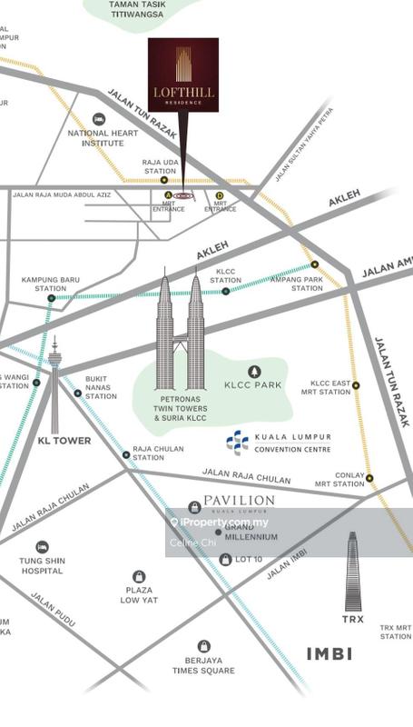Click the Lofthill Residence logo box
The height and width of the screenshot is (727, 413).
tap(183, 75)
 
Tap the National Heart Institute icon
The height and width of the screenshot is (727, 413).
tap(99, 120)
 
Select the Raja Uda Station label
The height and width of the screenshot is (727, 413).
tap(159, 166)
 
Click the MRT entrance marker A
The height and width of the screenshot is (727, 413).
tap(167, 194)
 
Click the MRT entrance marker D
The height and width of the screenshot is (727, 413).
tap(219, 194)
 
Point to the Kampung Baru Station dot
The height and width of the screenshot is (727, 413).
tap(51, 298)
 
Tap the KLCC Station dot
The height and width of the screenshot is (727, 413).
tap(226, 292)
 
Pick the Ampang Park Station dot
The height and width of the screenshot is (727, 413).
tap(315, 264)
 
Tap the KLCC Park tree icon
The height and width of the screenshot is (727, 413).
tap(254, 371)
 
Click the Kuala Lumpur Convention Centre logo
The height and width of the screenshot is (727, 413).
tap(237, 443)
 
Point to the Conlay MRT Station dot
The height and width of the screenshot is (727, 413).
tap(369, 478)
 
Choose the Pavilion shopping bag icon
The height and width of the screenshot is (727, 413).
tap(194, 507)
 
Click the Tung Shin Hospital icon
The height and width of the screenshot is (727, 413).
tap(42, 548)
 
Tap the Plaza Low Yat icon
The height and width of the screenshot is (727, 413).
tap(139, 577)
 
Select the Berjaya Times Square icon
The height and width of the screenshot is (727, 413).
tap(204, 646)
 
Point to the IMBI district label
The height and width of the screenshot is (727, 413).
tap(329, 653)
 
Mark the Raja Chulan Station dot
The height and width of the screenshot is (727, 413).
tap(125, 455)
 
